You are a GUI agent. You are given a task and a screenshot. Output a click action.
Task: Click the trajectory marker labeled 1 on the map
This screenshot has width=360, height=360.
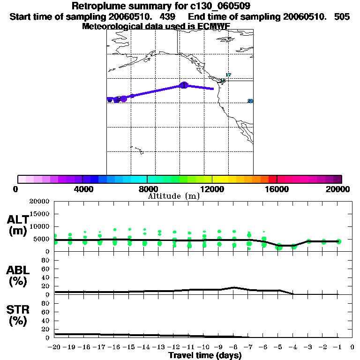184,85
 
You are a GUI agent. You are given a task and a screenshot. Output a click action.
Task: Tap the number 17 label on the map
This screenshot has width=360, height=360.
228,75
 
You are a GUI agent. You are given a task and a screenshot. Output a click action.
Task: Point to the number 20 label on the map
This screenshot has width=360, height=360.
250,101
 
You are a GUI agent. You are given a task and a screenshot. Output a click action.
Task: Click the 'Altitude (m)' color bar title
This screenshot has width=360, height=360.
173,196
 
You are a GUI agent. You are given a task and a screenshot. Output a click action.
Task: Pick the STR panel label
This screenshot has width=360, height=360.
17,315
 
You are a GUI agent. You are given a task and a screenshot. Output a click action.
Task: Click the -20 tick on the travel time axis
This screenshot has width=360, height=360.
55,347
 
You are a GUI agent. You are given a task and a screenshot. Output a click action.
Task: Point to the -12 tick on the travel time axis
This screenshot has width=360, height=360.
174,347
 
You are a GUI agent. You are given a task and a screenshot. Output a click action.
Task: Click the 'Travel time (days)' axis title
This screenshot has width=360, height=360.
205,356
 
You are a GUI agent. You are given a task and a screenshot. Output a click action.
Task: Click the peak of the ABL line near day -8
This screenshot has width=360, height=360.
234,287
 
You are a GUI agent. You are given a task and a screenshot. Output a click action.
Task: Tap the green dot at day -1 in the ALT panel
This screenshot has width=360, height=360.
338,241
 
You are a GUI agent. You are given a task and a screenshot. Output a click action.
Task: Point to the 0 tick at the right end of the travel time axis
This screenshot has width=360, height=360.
352,347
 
